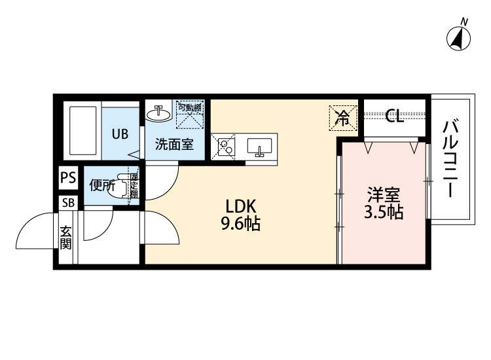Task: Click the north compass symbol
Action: click(460, 39)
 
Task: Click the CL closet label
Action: click(395, 117)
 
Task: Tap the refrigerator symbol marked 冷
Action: click(343, 118)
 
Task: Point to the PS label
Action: click(68, 177)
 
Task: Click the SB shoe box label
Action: click(68, 202)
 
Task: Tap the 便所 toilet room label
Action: click(102, 185)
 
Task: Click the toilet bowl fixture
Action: click(118, 185)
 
